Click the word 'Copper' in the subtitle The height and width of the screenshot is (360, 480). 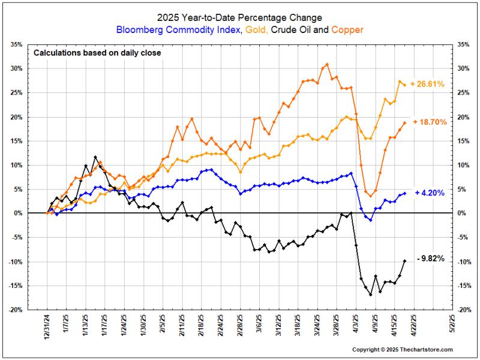pyautogui.click(x=349, y=29)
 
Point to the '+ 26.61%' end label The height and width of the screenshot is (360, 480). pyautogui.click(x=427, y=85)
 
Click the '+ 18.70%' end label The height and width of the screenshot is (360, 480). pyautogui.click(x=428, y=122)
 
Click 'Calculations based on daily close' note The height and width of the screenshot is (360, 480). pyautogui.click(x=97, y=53)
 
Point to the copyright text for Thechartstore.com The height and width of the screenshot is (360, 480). pyautogui.click(x=402, y=349)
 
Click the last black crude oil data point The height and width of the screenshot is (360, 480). pyautogui.click(x=404, y=260)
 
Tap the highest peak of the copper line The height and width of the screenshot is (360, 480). pyautogui.click(x=327, y=64)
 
